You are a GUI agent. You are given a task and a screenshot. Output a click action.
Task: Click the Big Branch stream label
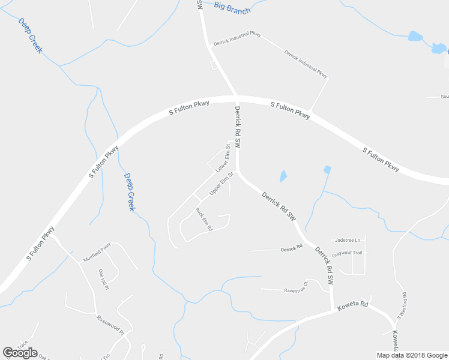(x=232, y=8)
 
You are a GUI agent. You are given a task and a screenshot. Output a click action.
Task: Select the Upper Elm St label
(x=220, y=184)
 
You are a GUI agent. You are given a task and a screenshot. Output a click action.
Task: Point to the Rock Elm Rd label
(x=205, y=219)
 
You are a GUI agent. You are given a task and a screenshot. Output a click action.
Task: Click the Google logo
(x=20, y=353)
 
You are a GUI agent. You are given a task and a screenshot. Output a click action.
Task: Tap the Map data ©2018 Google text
(x=411, y=355)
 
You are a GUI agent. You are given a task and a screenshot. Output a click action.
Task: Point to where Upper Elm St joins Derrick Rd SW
(x=238, y=172)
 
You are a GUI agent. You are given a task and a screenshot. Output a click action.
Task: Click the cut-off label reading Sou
(x=444, y=96)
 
